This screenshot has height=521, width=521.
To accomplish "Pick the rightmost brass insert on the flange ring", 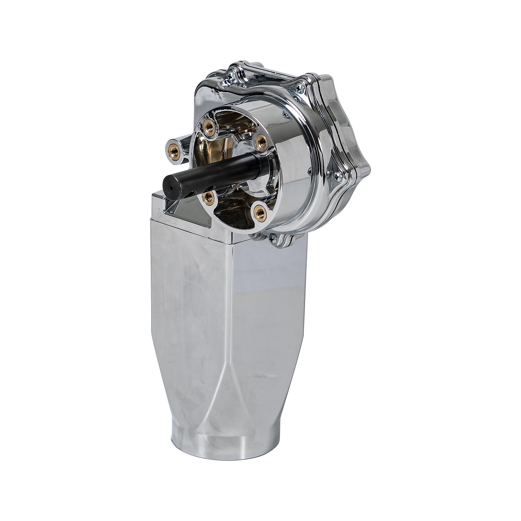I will [261, 140].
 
